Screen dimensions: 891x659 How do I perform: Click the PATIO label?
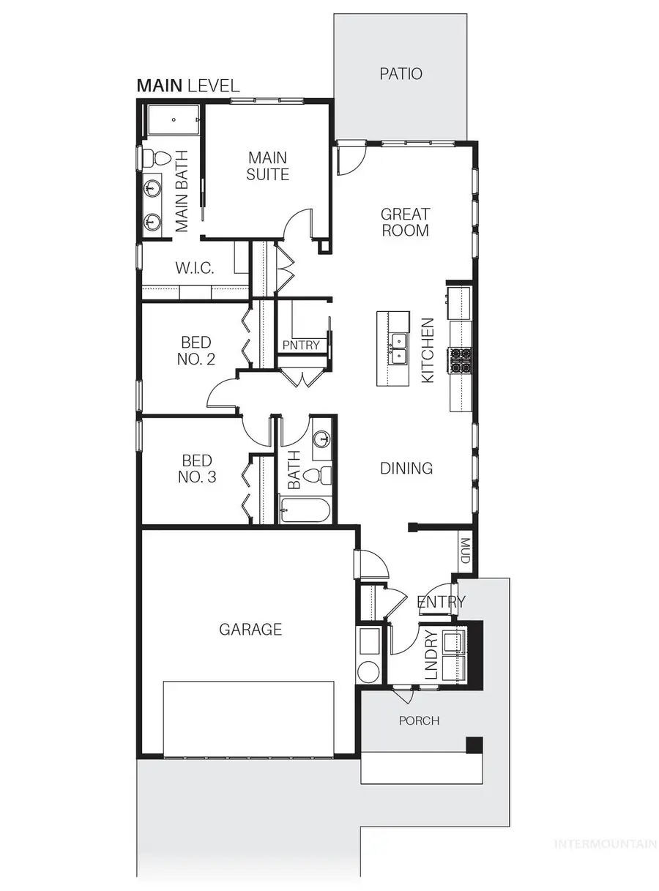[401, 73]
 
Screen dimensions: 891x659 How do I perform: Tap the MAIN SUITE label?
[268, 165]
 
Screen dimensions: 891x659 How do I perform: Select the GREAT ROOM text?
[405, 222]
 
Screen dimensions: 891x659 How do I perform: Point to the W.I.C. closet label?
[195, 269]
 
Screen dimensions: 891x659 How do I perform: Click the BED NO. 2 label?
[196, 350]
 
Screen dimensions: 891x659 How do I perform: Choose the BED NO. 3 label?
[196, 469]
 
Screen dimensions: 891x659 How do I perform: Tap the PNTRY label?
[301, 345]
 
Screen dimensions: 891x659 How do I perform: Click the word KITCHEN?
[428, 349]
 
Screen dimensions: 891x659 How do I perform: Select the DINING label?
[406, 468]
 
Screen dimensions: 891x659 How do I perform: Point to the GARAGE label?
[250, 629]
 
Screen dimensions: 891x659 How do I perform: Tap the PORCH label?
[419, 720]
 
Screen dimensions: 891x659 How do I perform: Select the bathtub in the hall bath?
[305, 510]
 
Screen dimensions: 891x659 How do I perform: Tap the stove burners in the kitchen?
[461, 359]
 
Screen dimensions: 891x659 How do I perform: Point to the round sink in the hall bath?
[321, 439]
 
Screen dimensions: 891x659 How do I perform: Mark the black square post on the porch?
[474, 745]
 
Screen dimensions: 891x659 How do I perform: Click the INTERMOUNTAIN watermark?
[605, 844]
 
